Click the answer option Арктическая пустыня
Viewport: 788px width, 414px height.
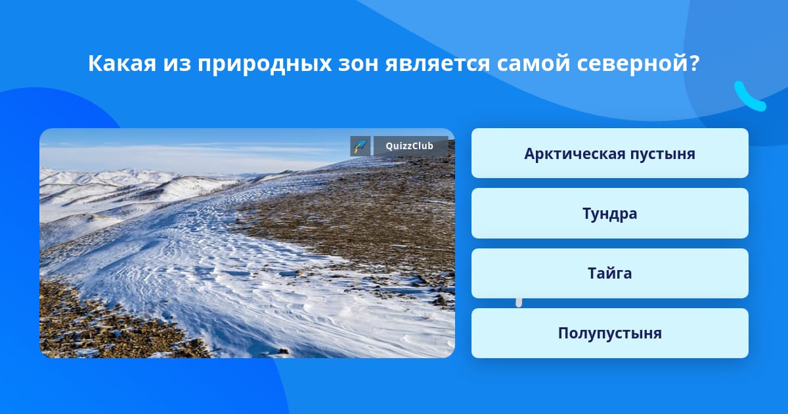click(609, 153)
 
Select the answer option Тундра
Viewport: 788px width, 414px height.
click(609, 214)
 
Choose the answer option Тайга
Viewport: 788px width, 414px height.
click(609, 273)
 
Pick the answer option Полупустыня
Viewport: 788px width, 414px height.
click(609, 333)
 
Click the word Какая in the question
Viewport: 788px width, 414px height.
click(122, 64)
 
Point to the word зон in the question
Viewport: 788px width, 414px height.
click(358, 64)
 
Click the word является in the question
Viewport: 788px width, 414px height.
click(437, 64)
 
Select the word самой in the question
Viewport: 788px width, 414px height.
click(533, 64)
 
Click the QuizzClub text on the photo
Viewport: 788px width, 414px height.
click(410, 146)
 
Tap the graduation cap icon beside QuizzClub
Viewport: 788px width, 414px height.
click(361, 146)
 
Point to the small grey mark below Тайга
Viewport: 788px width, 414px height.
click(519, 303)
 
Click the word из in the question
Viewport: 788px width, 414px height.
click(177, 64)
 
